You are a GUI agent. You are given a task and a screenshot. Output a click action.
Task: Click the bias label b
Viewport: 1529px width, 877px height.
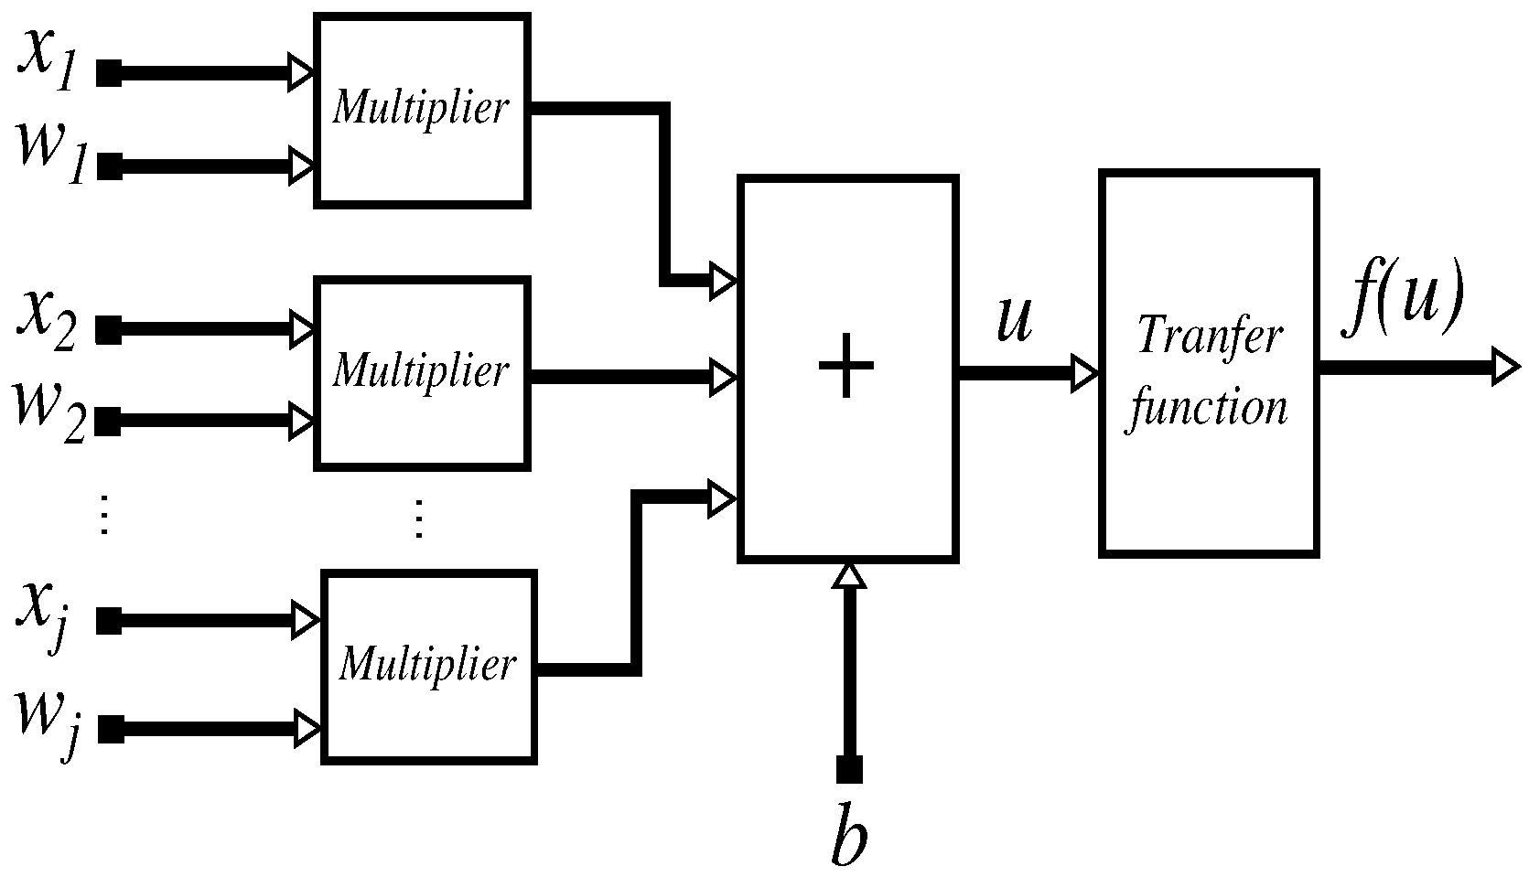click(x=849, y=834)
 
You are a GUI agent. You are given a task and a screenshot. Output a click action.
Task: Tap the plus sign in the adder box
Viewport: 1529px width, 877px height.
click(x=846, y=364)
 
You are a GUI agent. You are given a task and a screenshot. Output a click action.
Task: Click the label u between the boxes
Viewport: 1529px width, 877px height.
click(x=1014, y=320)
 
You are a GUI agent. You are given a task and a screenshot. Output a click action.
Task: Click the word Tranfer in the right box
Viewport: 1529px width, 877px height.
click(x=1210, y=337)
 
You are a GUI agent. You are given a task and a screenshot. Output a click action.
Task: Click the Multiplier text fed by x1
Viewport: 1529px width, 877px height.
click(x=420, y=108)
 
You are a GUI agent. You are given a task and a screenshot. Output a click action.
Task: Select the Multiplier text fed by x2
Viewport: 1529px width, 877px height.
click(x=420, y=371)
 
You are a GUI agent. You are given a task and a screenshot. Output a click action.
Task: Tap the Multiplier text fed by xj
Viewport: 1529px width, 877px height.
click(x=427, y=663)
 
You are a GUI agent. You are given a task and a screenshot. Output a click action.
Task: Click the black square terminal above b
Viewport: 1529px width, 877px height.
click(x=849, y=770)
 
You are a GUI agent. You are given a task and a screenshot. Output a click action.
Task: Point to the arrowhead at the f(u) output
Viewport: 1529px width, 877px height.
click(x=1505, y=368)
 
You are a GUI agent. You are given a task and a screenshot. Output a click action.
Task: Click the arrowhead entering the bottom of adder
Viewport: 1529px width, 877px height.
click(x=850, y=574)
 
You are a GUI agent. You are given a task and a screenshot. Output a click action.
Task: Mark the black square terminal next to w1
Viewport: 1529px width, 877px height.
click(x=109, y=167)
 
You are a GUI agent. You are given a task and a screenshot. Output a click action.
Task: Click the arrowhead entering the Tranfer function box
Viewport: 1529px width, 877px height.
click(x=1086, y=372)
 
